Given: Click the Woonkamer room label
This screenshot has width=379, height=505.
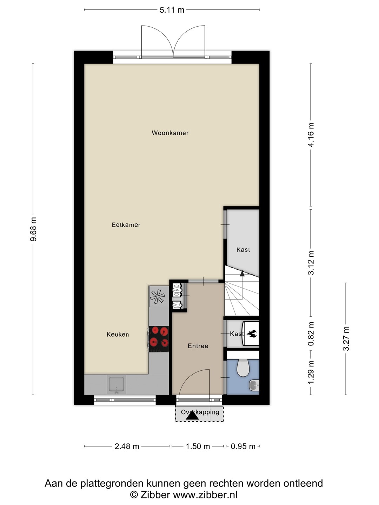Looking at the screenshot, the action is pyautogui.click(x=170, y=133).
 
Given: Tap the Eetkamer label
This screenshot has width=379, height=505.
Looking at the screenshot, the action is pyautogui.click(x=126, y=225).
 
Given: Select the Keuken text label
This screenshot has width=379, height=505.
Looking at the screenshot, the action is pyautogui.click(x=118, y=335).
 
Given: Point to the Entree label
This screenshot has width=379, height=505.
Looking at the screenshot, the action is pyautogui.click(x=198, y=346).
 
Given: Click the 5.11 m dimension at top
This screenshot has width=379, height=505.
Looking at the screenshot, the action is pyautogui.click(x=172, y=10).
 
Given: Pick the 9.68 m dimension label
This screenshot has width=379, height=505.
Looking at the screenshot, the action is pyautogui.click(x=34, y=229).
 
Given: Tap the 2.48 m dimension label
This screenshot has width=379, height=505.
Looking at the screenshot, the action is pyautogui.click(x=127, y=446).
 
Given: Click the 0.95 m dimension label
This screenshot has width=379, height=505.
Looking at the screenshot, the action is pyautogui.click(x=243, y=446).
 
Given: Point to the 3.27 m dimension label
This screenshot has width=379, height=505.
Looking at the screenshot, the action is pyautogui.click(x=346, y=338).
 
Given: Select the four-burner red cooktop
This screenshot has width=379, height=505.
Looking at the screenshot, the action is pyautogui.click(x=159, y=339).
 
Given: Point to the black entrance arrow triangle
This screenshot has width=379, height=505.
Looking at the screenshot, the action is pyautogui.click(x=192, y=416).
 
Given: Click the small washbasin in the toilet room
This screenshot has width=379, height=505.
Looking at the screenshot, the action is pyautogui.click(x=254, y=385).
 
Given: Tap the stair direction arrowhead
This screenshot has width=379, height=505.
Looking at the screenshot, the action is pyautogui.click(x=242, y=273).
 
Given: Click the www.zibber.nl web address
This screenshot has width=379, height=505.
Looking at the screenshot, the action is pyautogui.click(x=205, y=494).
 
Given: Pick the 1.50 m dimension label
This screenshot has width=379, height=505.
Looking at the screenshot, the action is pyautogui.click(x=198, y=446).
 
